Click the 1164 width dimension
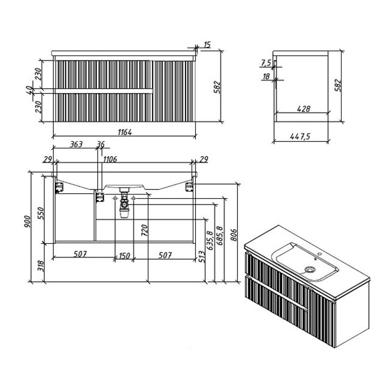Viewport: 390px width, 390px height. tap(125, 132)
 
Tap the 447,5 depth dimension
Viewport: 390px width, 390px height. tap(300, 136)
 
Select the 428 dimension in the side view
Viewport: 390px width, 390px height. tap(303, 109)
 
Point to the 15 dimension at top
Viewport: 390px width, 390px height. tap(207, 45)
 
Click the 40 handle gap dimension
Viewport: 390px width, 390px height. tap(29, 90)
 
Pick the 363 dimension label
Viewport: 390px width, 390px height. tap(76, 144)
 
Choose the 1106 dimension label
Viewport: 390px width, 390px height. tap(110, 159)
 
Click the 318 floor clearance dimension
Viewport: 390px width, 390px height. tap(41, 266)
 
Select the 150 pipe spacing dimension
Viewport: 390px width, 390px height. tap(124, 256)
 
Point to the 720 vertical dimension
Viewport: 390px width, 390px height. tap(144, 230)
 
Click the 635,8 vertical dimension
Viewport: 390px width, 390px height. tap(210, 241)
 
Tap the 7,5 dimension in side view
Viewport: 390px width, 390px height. tap(266, 63)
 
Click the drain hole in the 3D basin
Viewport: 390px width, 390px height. tap(310, 269)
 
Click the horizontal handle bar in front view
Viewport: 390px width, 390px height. tap(104, 91)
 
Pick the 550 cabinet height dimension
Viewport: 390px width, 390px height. tap(41, 213)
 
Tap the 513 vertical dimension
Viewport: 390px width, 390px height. tap(202, 257)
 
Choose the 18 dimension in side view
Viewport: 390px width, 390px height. tap(266, 76)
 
